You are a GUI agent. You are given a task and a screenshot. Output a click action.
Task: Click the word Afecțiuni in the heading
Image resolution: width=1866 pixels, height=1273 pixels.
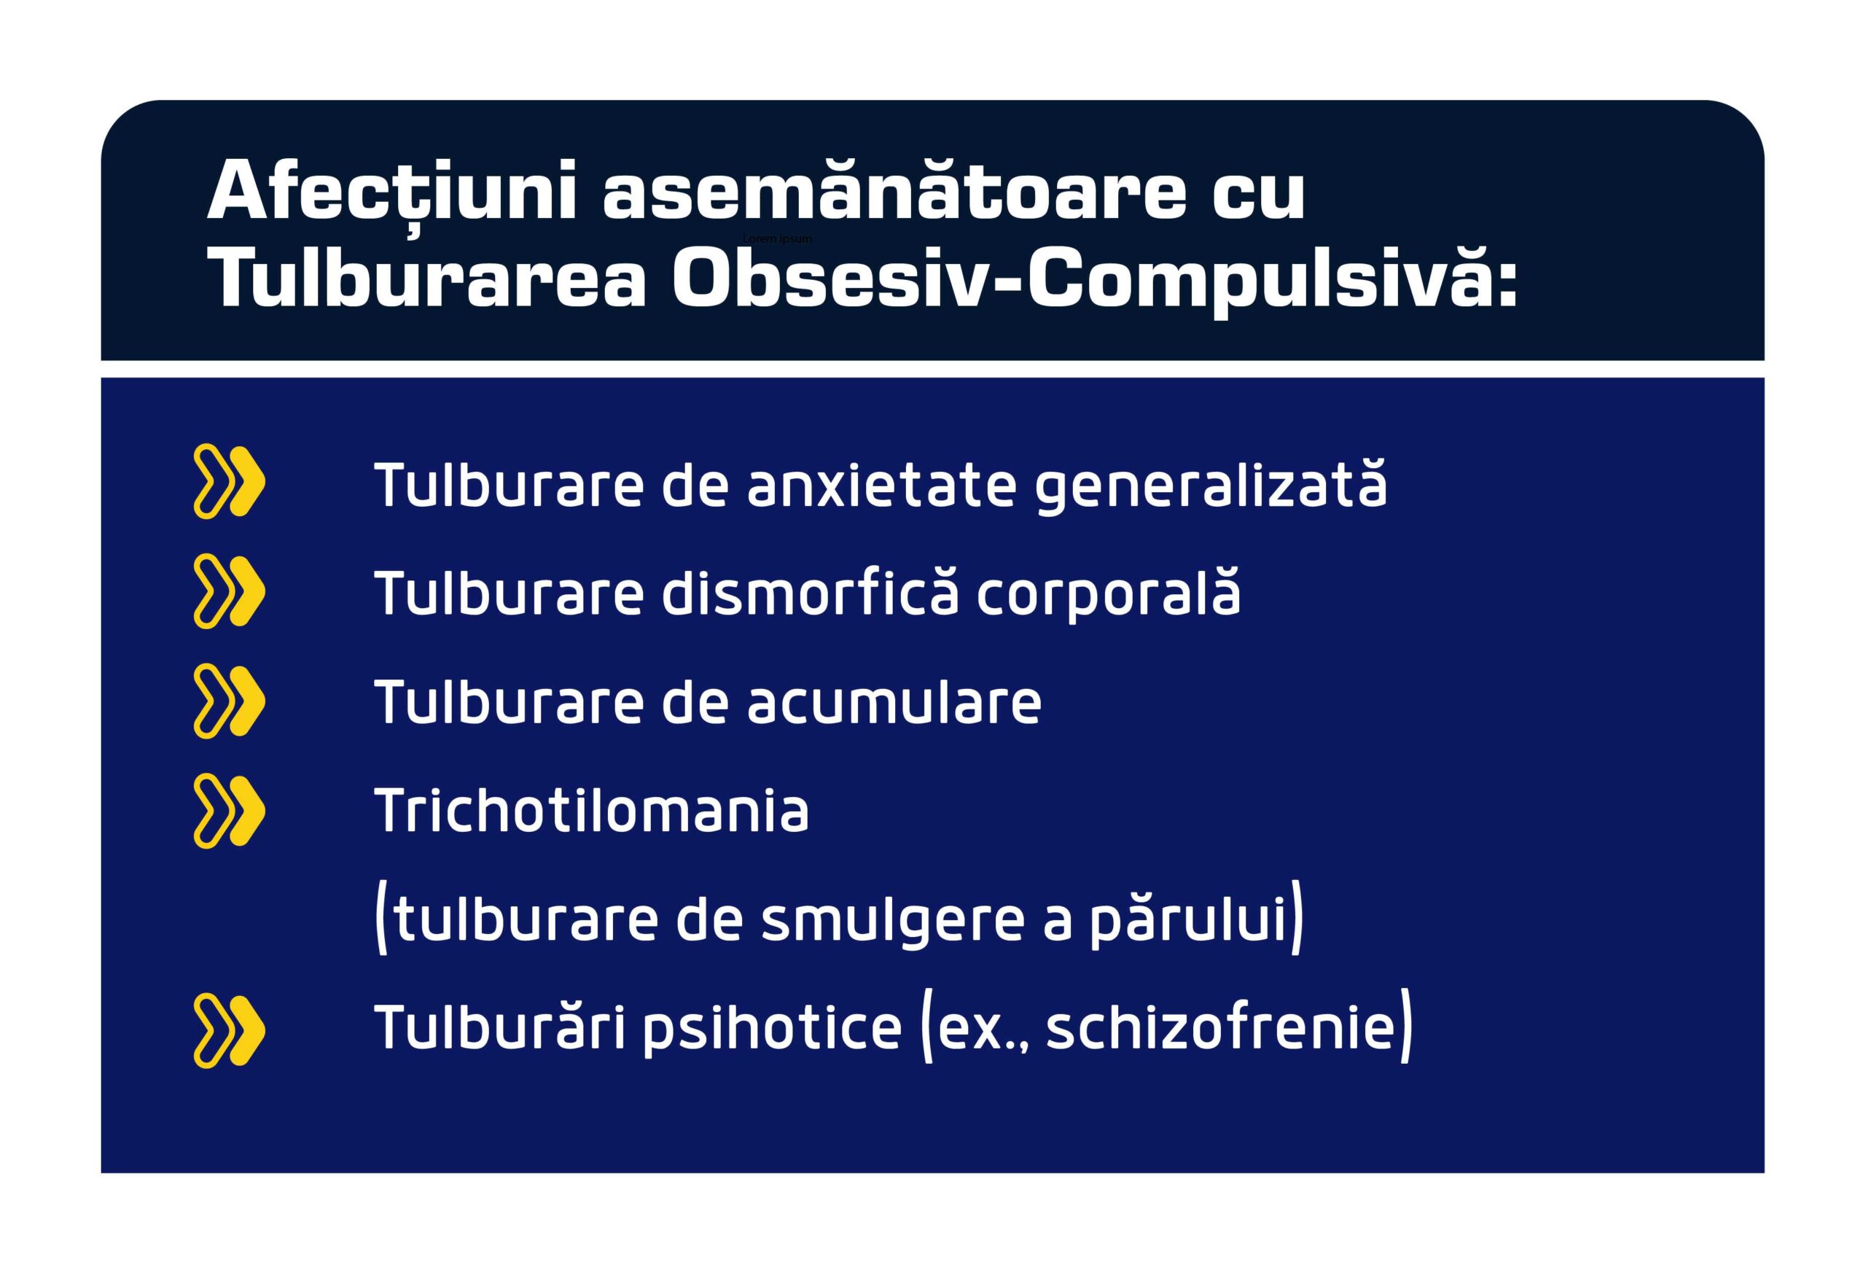click(x=392, y=192)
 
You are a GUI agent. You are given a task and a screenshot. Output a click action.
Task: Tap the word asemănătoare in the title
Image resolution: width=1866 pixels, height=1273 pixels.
click(x=894, y=192)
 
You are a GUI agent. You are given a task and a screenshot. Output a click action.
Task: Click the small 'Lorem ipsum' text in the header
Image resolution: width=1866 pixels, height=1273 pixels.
click(x=777, y=238)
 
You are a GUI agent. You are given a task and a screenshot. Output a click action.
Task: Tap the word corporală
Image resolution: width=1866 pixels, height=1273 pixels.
click(x=1108, y=595)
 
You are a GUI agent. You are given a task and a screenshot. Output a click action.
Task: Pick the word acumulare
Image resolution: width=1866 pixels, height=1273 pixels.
click(x=894, y=702)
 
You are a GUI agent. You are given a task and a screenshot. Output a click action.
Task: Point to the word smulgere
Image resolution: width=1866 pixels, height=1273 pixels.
click(x=892, y=922)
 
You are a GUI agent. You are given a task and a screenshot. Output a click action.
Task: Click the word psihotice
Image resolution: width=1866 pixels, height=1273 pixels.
click(x=770, y=1029)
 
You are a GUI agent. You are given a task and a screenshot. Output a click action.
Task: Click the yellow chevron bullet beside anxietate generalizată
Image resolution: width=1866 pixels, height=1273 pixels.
click(x=229, y=481)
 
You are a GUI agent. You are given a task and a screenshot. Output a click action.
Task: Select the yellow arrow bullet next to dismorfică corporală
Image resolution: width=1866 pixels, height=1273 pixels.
click(x=229, y=591)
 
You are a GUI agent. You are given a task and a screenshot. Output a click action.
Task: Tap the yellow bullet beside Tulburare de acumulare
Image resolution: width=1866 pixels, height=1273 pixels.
click(x=229, y=701)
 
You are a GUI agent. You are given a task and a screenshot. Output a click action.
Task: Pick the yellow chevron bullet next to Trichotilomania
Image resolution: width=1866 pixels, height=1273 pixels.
click(x=229, y=810)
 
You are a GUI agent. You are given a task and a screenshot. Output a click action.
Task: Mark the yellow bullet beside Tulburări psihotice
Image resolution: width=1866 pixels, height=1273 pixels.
click(x=229, y=1030)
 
